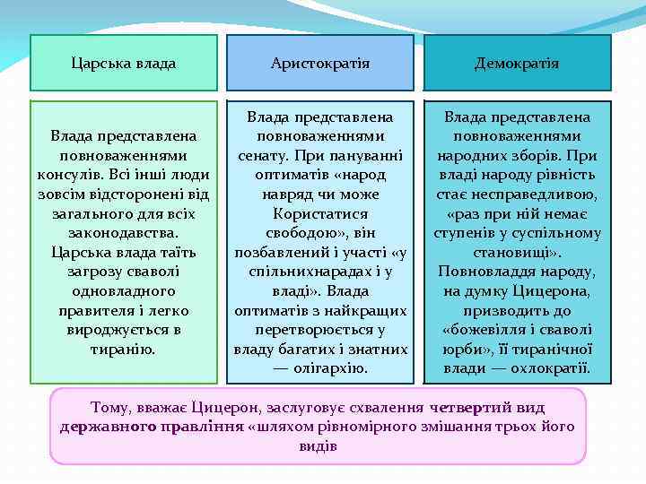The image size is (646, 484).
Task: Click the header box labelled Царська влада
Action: coord(124,64)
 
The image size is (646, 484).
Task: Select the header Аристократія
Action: coord(320,64)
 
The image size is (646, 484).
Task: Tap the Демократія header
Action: coord(517,64)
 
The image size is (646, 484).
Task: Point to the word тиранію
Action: coord(124,350)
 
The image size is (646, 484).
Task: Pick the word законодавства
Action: coord(124,232)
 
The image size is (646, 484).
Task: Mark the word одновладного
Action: coord(124,291)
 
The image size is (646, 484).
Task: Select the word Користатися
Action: coord(320,213)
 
